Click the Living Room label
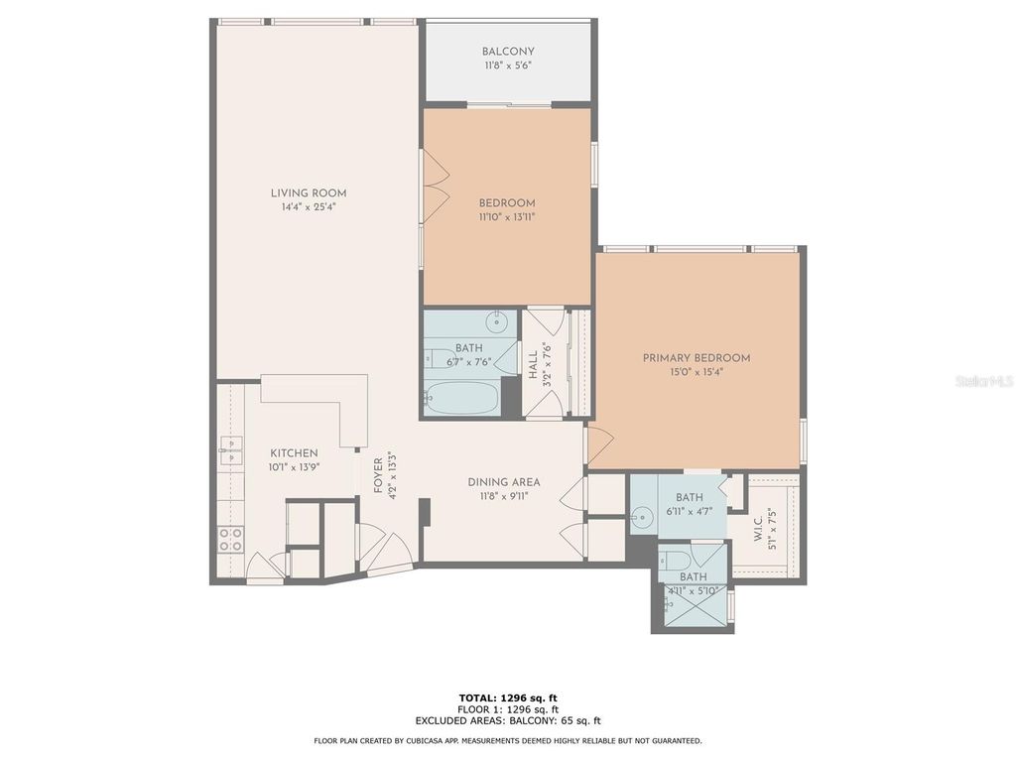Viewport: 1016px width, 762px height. click(309, 193)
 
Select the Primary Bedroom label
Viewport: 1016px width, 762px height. click(696, 358)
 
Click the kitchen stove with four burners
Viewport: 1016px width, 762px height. click(230, 540)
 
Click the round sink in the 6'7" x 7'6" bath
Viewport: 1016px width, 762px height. click(497, 322)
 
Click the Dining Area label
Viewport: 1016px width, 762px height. click(504, 482)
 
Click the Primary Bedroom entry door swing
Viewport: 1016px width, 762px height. click(598, 445)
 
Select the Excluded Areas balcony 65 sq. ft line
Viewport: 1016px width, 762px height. click(508, 721)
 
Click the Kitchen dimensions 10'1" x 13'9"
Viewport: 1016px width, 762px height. click(293, 466)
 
